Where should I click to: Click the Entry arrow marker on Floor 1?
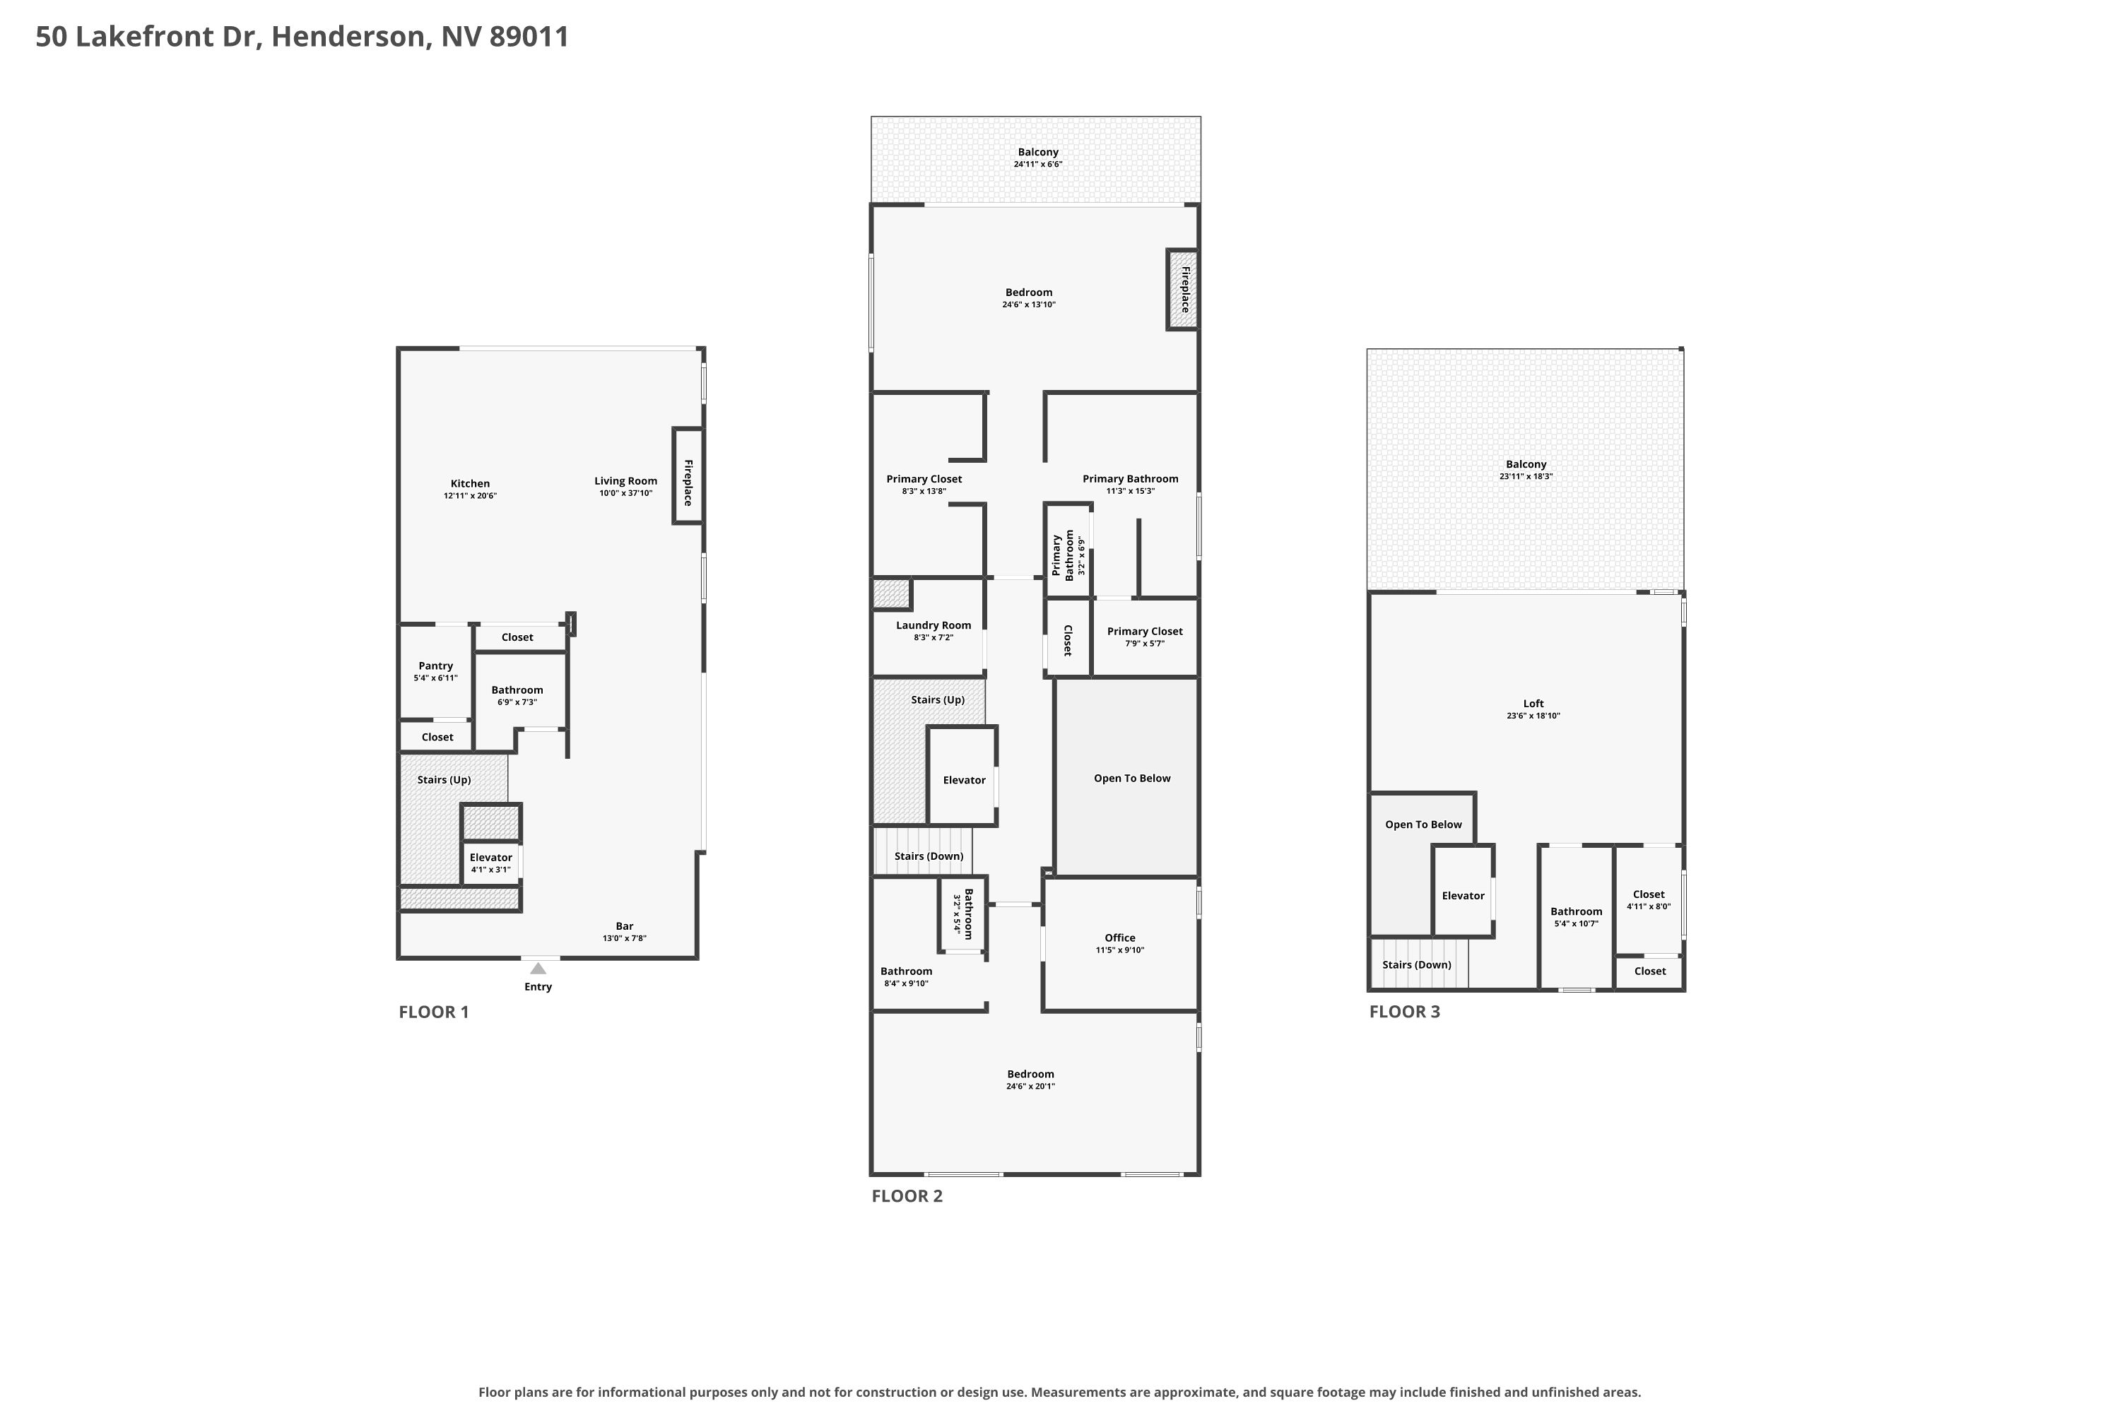(x=538, y=969)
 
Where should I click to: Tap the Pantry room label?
(x=436, y=666)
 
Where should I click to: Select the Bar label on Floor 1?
(x=625, y=926)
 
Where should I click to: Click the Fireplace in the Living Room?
(x=688, y=475)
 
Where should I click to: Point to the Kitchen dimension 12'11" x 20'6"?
(x=471, y=496)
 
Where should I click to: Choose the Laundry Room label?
(x=934, y=625)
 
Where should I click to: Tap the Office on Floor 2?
(x=1120, y=943)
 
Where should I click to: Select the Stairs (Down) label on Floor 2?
(x=929, y=856)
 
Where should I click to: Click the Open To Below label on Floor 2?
(x=1132, y=779)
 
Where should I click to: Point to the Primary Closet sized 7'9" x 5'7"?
(x=1145, y=637)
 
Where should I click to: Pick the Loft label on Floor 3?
(x=1534, y=704)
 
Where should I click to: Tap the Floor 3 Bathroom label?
(x=1577, y=912)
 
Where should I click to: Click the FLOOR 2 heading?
(x=907, y=1196)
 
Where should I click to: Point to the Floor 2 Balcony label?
(x=1038, y=153)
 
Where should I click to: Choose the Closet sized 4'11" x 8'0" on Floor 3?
(x=1649, y=899)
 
